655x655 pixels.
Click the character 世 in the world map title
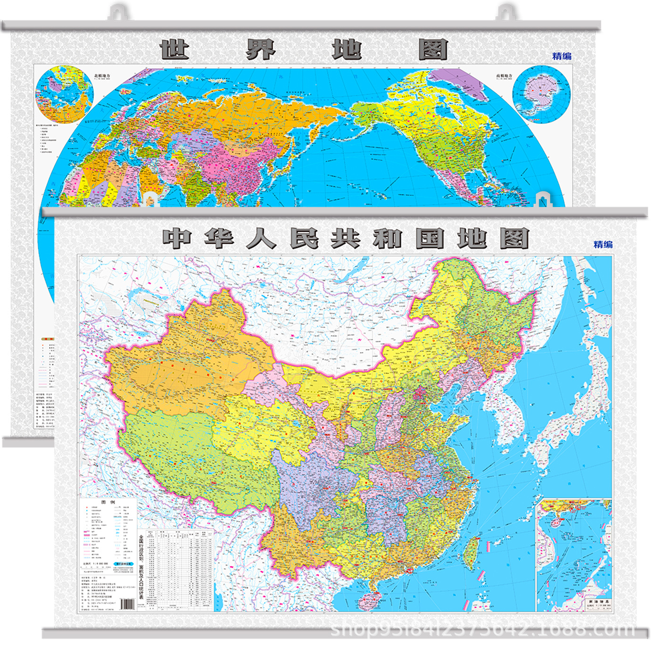(x=174, y=49)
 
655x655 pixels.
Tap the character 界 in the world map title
(x=260, y=49)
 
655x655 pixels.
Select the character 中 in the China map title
(x=177, y=239)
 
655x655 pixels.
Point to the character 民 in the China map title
(x=304, y=239)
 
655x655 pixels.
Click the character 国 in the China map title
(x=430, y=239)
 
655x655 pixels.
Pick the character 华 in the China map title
(x=219, y=239)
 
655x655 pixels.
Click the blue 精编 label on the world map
(x=562, y=56)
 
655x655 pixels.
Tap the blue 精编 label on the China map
(x=603, y=244)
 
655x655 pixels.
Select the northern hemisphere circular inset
(x=65, y=94)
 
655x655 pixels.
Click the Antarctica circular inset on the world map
(x=541, y=94)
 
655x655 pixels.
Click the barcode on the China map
(x=127, y=604)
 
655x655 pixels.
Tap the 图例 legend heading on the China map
(x=108, y=503)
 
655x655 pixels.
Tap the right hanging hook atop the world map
(x=507, y=12)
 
